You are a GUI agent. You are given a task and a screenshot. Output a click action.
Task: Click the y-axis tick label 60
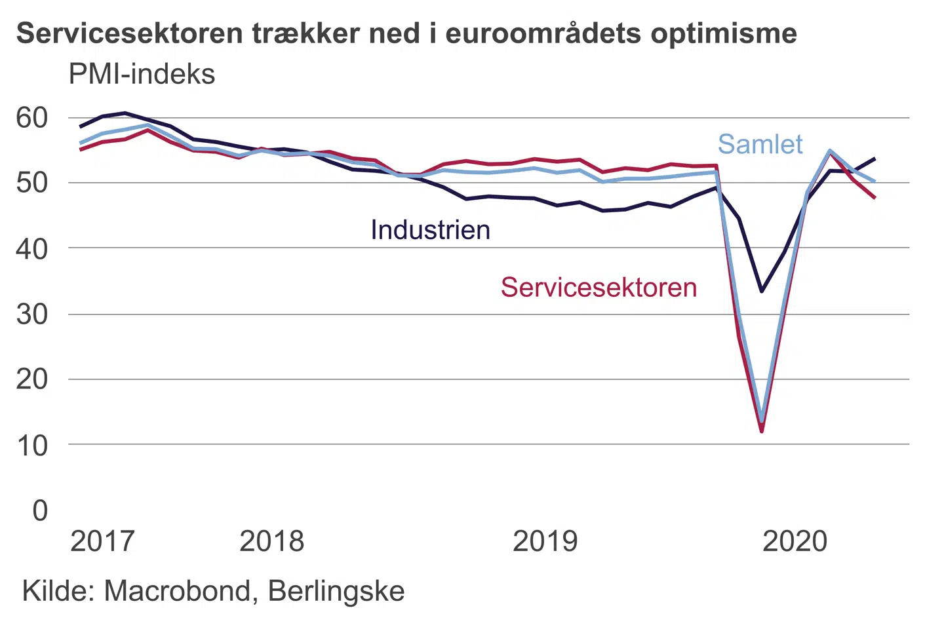pyautogui.click(x=32, y=118)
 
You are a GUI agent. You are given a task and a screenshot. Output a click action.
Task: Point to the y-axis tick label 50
pyautogui.click(x=32, y=183)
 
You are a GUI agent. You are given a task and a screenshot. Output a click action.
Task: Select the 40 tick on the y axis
pyautogui.click(x=32, y=248)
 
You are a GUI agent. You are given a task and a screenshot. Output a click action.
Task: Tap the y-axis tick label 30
pyautogui.click(x=32, y=314)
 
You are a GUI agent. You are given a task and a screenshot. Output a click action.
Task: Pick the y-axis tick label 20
pyautogui.click(x=32, y=379)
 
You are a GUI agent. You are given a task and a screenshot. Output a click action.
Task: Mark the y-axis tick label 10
pyautogui.click(x=32, y=446)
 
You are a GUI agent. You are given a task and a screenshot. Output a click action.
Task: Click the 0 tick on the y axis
pyautogui.click(x=40, y=510)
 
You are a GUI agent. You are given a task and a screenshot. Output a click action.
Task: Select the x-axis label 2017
pyautogui.click(x=102, y=541)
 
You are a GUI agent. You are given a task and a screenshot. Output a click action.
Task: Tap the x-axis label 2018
pyautogui.click(x=272, y=541)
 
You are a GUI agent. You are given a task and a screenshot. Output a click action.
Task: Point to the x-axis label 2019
pyautogui.click(x=545, y=541)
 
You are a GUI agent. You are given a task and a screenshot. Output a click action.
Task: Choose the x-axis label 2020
pyautogui.click(x=795, y=541)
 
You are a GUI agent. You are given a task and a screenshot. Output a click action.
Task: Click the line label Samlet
pyautogui.click(x=760, y=144)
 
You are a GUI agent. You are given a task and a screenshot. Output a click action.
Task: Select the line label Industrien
pyautogui.click(x=430, y=230)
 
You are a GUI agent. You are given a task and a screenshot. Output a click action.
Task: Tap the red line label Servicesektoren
pyautogui.click(x=599, y=288)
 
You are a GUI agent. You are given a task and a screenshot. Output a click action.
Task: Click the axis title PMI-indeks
pyautogui.click(x=142, y=75)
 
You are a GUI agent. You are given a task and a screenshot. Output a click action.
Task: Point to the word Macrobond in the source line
pyautogui.click(x=176, y=591)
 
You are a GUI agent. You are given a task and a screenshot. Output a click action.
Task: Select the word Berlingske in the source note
pyautogui.click(x=336, y=591)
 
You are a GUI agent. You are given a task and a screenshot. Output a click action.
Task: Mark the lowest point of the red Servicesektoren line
pyautogui.click(x=762, y=431)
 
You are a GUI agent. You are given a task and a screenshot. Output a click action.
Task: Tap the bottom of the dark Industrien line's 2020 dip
pyautogui.click(x=762, y=291)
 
